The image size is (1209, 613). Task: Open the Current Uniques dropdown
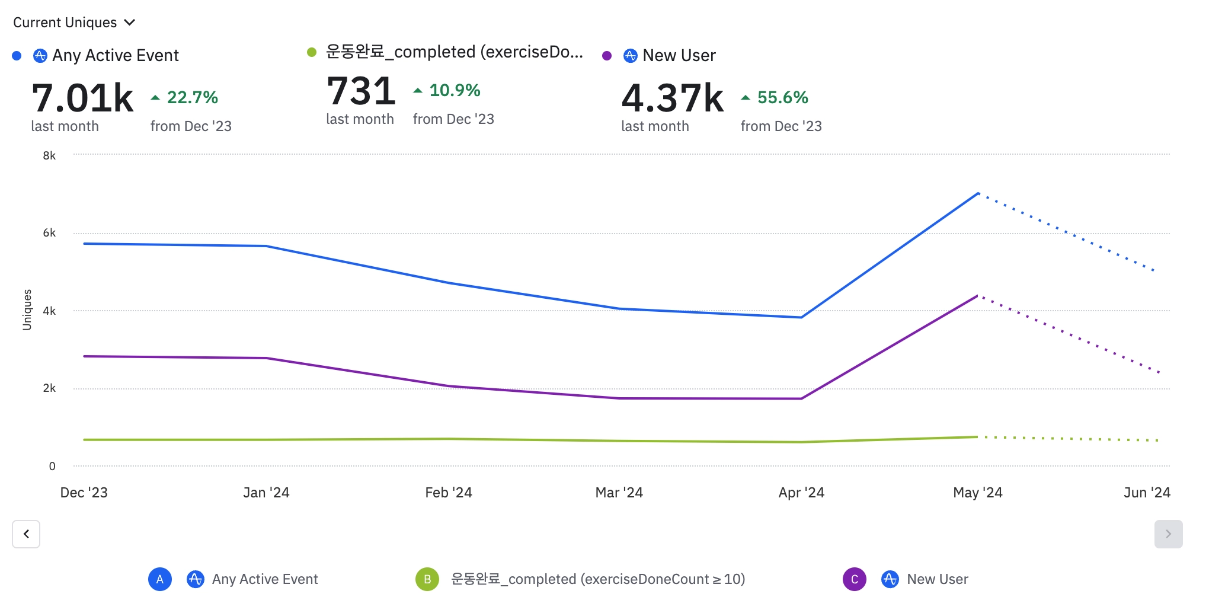click(74, 23)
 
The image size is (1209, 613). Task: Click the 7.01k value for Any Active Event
click(82, 98)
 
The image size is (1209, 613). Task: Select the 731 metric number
click(361, 91)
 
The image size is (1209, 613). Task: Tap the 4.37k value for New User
click(673, 98)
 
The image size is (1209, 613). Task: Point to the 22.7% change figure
click(192, 97)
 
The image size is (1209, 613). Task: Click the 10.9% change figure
click(455, 90)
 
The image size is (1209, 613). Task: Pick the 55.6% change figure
click(782, 97)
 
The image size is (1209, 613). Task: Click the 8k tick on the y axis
click(49, 155)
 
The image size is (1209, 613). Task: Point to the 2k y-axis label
click(49, 388)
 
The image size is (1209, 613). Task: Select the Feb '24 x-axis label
click(449, 493)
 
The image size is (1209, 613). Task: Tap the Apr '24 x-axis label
click(801, 493)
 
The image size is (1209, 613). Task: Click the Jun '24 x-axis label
click(1147, 493)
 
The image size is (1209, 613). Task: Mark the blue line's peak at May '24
click(978, 193)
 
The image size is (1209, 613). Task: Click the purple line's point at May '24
click(978, 295)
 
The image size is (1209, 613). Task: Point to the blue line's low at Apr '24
click(801, 317)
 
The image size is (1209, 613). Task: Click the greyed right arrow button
click(1168, 534)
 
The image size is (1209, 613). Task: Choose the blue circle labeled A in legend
click(160, 579)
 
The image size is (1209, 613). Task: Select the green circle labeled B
click(427, 579)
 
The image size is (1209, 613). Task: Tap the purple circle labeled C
click(855, 579)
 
